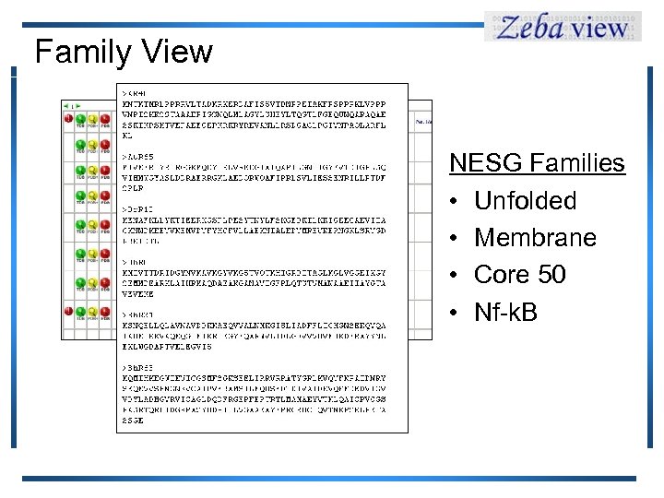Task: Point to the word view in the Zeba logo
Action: [599, 29]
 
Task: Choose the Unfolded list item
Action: [525, 201]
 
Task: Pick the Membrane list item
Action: [535, 238]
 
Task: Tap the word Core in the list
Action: [502, 275]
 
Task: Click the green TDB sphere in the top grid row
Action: [81, 119]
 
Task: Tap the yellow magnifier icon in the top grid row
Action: [92, 119]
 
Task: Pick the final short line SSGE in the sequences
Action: [135, 421]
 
